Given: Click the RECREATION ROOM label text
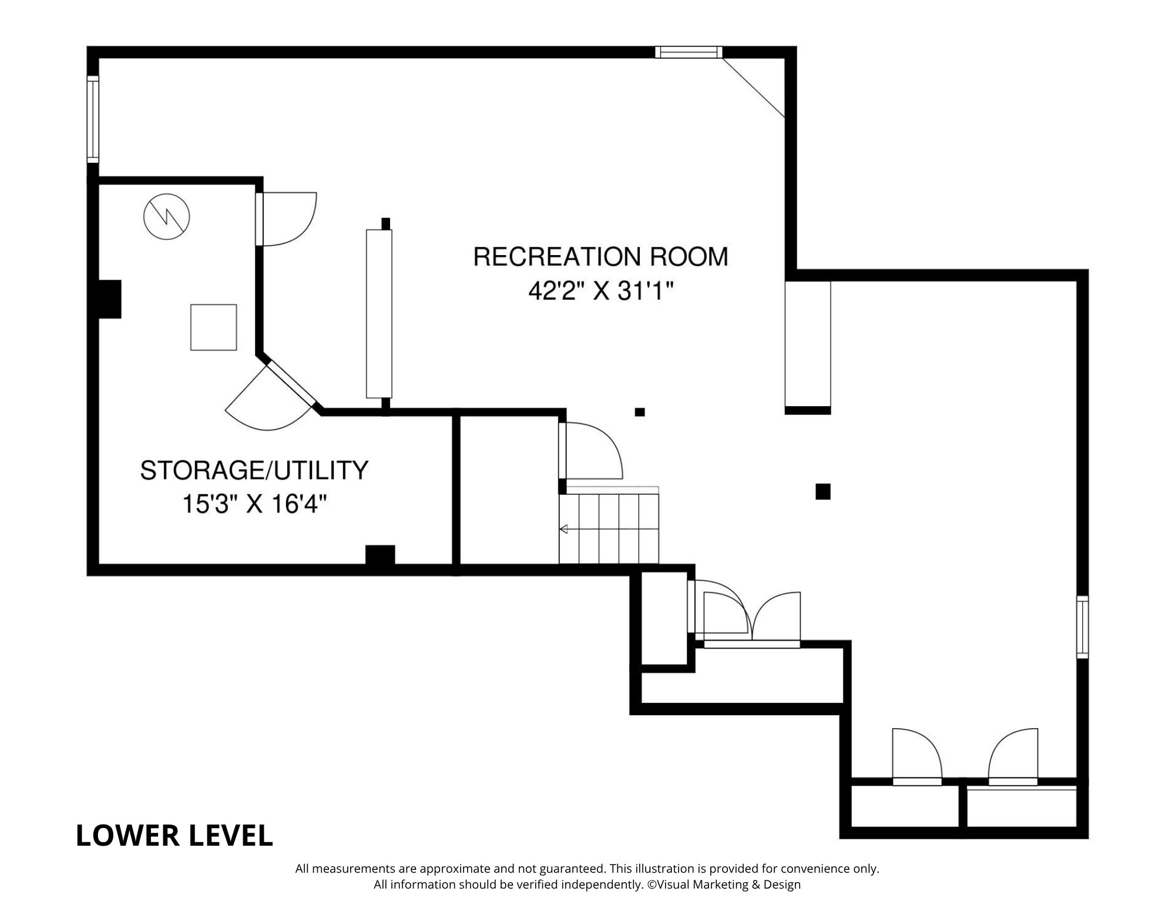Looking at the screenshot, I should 600,257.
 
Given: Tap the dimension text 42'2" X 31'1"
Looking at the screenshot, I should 600,291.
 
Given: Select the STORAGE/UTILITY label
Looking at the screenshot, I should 254,470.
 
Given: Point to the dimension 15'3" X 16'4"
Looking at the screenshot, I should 254,504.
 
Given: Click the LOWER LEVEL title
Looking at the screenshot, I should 174,836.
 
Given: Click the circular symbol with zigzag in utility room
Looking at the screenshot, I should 167,216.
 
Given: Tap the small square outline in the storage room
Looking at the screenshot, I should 213,327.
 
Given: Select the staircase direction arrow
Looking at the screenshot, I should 564,530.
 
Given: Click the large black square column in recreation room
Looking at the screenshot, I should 822,491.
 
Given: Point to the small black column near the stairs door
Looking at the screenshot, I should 640,412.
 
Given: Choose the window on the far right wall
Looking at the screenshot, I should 1082,626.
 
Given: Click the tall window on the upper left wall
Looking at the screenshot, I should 93,119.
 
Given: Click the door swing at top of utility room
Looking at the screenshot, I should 288,219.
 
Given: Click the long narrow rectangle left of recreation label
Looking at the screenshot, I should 378,314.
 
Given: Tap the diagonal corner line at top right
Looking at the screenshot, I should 754,88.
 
